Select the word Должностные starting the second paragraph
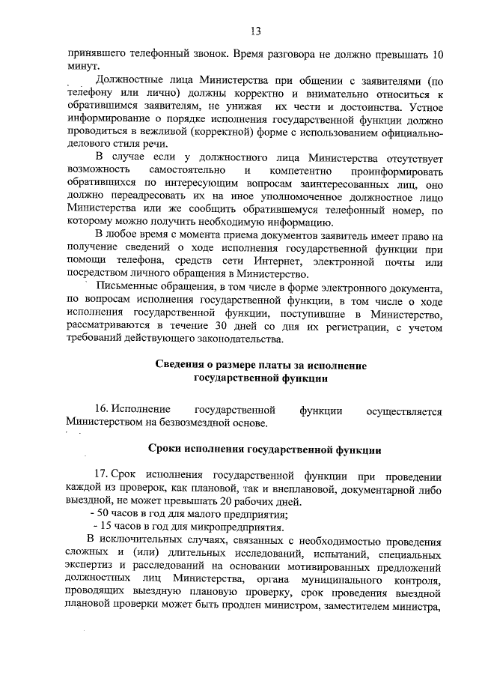(x=127, y=80)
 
